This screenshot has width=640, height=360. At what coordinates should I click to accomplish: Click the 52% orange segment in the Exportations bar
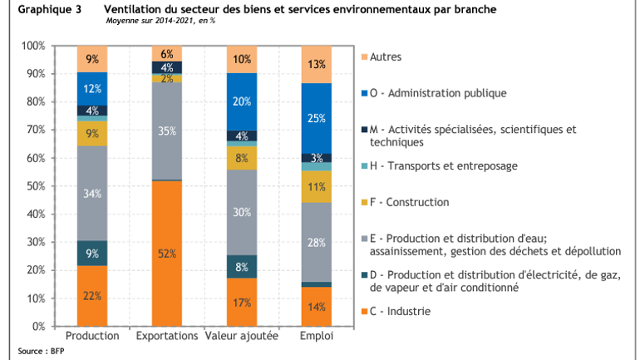(x=167, y=254)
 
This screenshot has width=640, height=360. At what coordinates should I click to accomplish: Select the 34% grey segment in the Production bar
(x=92, y=194)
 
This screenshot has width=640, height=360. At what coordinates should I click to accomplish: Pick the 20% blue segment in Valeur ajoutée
(x=243, y=101)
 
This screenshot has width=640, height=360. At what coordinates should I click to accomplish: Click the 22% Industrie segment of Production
(x=92, y=295)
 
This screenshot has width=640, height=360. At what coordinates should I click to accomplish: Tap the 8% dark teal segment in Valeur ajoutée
(x=243, y=267)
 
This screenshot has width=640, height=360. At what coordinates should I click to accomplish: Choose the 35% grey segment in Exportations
(x=167, y=131)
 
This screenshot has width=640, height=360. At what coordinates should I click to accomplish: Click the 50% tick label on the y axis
(x=34, y=186)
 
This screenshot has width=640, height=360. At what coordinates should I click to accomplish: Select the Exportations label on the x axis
(x=167, y=336)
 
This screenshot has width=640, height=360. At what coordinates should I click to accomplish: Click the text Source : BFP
(x=41, y=351)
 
